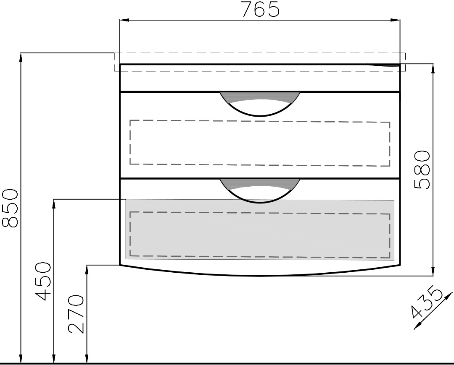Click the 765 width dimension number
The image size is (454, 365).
click(261, 10)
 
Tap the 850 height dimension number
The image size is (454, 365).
click(10, 208)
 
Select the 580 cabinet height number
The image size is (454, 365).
click(422, 169)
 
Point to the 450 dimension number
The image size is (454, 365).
click(43, 281)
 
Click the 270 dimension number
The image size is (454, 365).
click(76, 314)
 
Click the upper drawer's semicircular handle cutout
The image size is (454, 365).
click(260, 104)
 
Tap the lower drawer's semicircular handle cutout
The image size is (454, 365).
click(260, 191)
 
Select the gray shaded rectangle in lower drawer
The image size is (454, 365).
click(260, 229)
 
